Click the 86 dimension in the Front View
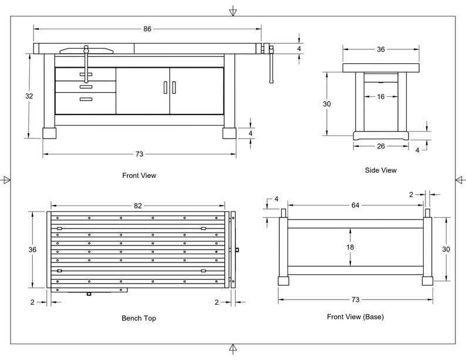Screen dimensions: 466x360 coord(147,29)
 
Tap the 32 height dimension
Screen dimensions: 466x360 coord(29,96)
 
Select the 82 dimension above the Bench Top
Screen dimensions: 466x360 coord(138,206)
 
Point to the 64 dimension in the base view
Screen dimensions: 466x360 coord(356,205)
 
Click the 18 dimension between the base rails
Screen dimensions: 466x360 coord(350,247)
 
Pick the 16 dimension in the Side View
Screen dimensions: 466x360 coord(381,97)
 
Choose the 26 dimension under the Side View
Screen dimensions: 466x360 coord(381,146)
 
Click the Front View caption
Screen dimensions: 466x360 coord(139,176)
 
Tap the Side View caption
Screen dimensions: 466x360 coord(381,170)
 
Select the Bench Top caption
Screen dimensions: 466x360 coord(139,318)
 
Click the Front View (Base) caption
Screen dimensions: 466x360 coord(356,317)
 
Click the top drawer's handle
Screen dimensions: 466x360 coord(86,75)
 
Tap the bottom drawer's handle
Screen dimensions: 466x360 coord(86,99)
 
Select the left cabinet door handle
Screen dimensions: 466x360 coord(166,88)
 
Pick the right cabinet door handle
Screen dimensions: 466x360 coord(174,88)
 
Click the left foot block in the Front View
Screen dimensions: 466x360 coord(49,133)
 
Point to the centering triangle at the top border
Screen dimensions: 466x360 coord(233,12)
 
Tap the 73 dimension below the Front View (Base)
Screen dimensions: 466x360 coord(356,300)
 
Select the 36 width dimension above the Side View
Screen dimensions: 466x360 coord(381,49)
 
